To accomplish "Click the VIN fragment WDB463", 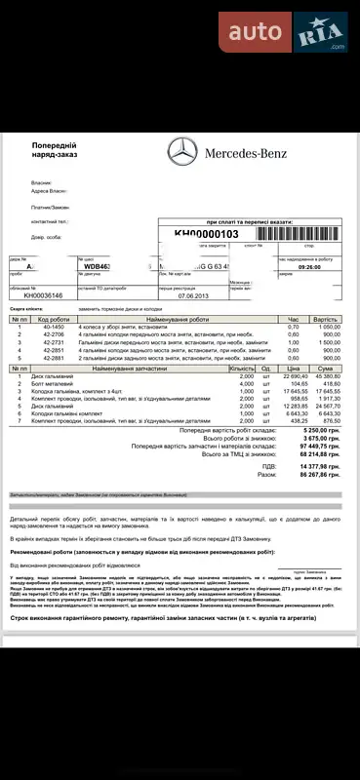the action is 100,265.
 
